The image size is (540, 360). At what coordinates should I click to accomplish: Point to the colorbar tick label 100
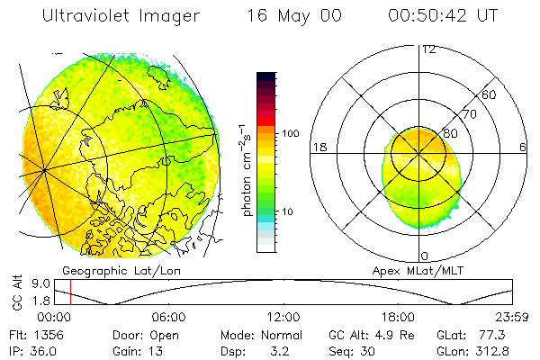(292, 133)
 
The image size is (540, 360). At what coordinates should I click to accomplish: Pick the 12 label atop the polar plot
(428, 49)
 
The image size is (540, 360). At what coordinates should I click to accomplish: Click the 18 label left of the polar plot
(318, 147)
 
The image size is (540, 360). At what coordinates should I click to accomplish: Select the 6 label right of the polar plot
(523, 147)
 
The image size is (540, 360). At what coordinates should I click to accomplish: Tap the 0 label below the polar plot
(424, 256)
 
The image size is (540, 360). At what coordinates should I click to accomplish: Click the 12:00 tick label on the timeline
(283, 317)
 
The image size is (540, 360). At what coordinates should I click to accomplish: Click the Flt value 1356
(44, 335)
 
